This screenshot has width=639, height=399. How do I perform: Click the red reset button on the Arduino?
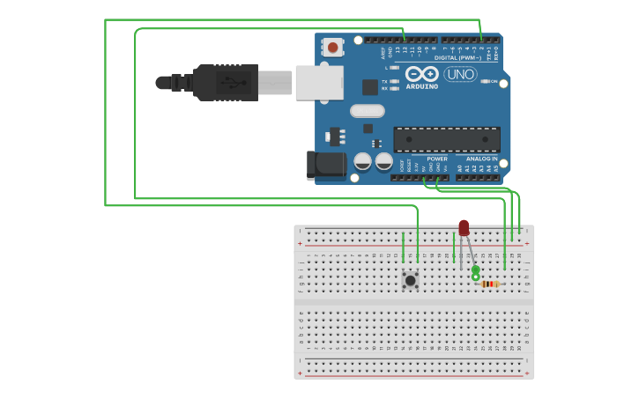333,47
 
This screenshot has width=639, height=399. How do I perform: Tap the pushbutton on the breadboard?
410,280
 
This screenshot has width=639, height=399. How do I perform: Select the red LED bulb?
464,228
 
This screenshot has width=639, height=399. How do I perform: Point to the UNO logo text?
461,75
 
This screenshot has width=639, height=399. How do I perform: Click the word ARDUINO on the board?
422,86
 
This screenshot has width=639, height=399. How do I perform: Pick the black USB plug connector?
225,83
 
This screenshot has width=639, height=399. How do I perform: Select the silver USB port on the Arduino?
318,82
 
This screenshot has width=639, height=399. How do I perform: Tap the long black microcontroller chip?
446,139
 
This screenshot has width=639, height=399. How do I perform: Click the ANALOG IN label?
482,159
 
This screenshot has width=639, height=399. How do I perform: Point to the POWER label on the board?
437,159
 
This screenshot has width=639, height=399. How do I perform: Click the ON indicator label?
494,82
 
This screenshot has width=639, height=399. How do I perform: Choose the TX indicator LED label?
384,81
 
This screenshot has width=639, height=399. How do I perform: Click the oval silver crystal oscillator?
368,111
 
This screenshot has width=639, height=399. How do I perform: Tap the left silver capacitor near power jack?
362,161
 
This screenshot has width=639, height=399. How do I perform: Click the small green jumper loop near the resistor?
476,274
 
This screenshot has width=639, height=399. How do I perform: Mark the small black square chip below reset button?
370,87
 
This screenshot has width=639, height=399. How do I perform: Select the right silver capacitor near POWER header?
384,161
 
